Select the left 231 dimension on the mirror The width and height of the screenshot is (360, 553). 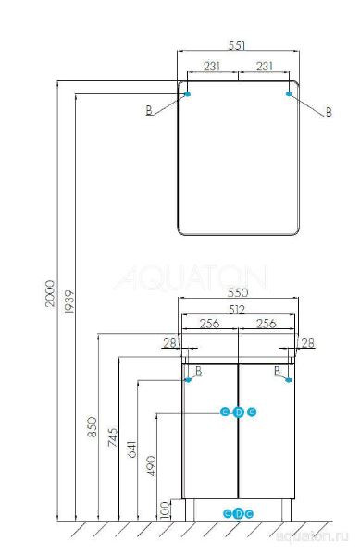point(212,67)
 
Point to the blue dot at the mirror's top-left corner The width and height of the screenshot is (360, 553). point(188,93)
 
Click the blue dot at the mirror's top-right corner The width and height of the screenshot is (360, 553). point(291,93)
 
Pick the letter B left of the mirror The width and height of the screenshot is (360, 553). point(148,112)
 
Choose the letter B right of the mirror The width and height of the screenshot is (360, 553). point(327,112)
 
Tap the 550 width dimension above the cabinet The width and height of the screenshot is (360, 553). point(239,290)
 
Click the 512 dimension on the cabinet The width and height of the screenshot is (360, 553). point(239,310)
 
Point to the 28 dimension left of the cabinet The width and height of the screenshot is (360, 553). point(168,344)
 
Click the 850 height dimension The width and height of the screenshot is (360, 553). point(91,427)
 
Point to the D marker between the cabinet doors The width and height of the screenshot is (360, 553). point(238,412)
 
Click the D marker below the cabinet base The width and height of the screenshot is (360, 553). point(238,512)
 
